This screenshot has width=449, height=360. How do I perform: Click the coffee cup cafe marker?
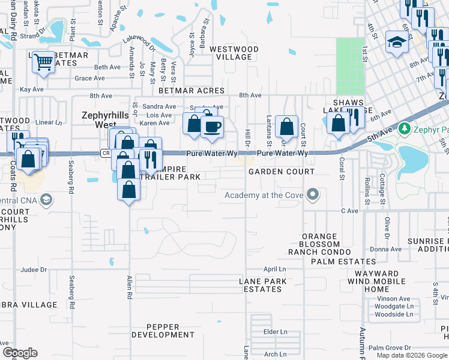coord(211,127)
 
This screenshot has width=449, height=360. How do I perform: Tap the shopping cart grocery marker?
coord(44,62)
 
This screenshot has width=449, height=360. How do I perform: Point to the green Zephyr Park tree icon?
coord(405,128)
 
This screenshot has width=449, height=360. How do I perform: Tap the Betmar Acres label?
coord(191,91)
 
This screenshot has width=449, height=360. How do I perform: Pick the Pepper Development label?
coord(163,331)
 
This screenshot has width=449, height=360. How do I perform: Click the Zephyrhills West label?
coord(105,120)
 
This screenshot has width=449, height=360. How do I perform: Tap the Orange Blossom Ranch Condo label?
coord(321,244)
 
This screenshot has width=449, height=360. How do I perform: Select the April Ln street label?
coord(274,269)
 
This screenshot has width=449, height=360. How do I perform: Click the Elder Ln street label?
coord(276,331)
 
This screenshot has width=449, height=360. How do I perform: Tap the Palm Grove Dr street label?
coord(390,347)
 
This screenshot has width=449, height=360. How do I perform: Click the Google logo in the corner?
coord(20,353)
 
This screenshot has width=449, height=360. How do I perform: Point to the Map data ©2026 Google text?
coord(411,356)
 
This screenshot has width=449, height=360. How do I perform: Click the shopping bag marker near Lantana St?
coord(288,127)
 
